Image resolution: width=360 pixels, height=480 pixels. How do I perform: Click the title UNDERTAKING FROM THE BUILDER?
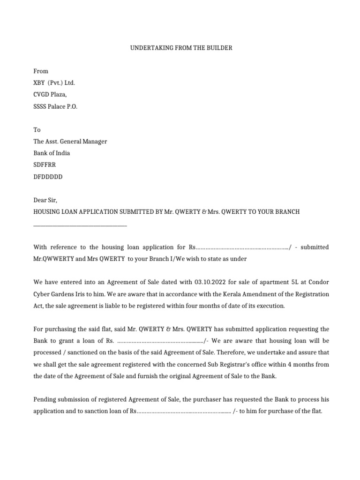(x=180, y=48)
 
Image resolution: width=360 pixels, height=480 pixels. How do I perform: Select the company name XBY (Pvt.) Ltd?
(x=54, y=83)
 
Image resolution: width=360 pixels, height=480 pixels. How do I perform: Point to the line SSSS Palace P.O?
(x=55, y=106)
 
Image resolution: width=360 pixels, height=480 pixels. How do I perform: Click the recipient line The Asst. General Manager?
(x=70, y=142)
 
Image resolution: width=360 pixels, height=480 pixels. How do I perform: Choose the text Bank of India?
(x=52, y=153)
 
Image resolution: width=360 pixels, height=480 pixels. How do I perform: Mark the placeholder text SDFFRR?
(x=45, y=165)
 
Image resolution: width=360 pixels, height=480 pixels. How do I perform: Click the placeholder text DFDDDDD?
(x=48, y=177)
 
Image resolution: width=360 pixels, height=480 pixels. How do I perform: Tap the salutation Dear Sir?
(x=45, y=200)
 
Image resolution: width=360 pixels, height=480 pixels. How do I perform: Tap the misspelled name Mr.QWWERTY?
(x=53, y=259)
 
